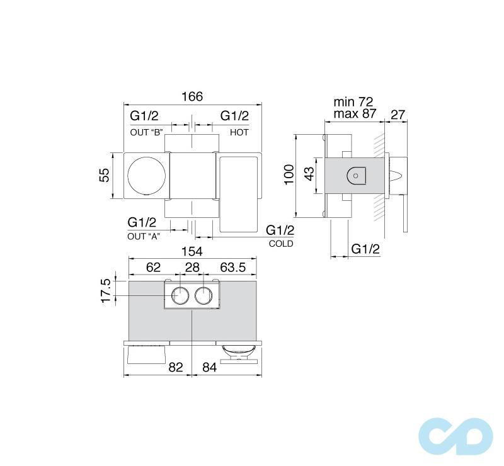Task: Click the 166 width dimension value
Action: (192, 96)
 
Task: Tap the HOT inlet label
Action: (239, 133)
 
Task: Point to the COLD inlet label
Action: (280, 243)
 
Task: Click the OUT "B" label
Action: (147, 133)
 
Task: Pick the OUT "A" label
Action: (144, 236)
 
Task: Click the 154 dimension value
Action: (192, 251)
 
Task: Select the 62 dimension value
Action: (153, 268)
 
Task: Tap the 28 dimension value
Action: (192, 268)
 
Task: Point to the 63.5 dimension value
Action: (233, 268)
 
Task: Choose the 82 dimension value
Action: (177, 367)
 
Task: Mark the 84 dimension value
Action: (209, 367)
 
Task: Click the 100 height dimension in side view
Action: (289, 174)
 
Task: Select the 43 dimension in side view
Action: (309, 174)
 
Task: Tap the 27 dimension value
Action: (398, 115)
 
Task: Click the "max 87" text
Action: (354, 115)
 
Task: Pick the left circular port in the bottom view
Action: (180, 295)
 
